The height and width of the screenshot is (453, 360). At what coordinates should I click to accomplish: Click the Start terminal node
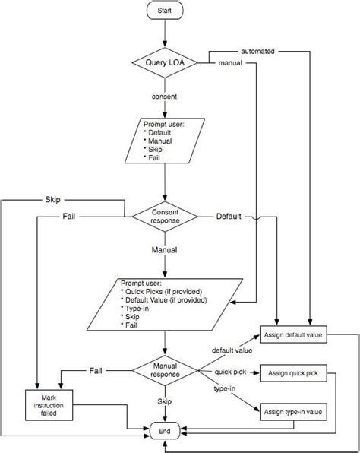[x=165, y=13]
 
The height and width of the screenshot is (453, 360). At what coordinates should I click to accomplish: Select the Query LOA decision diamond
[x=165, y=62]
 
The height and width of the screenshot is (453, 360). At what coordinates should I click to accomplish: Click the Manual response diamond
[x=165, y=370]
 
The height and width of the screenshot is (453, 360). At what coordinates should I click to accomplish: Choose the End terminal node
[x=165, y=431]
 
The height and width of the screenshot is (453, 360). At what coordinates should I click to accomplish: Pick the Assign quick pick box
[x=292, y=373]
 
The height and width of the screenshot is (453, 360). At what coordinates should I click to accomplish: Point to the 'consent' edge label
[x=165, y=97]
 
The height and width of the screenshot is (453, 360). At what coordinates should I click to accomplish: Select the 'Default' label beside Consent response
[x=229, y=217]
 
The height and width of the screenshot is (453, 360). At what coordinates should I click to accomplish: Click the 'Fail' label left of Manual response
[x=96, y=370]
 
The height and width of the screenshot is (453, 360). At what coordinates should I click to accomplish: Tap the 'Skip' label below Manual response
[x=165, y=401]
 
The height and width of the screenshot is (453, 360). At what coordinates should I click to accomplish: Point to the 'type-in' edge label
[x=225, y=390]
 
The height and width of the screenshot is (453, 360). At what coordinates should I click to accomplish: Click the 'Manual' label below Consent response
[x=165, y=249]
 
